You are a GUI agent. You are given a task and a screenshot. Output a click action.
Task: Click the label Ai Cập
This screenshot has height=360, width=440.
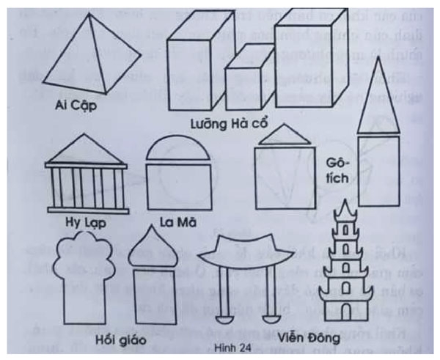pyautogui.click(x=77, y=104)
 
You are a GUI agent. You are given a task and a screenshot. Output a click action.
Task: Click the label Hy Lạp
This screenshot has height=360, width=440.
pyautogui.click(x=83, y=218)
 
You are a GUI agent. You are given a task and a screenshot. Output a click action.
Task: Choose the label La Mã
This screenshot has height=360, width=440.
pyautogui.click(x=176, y=220)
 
